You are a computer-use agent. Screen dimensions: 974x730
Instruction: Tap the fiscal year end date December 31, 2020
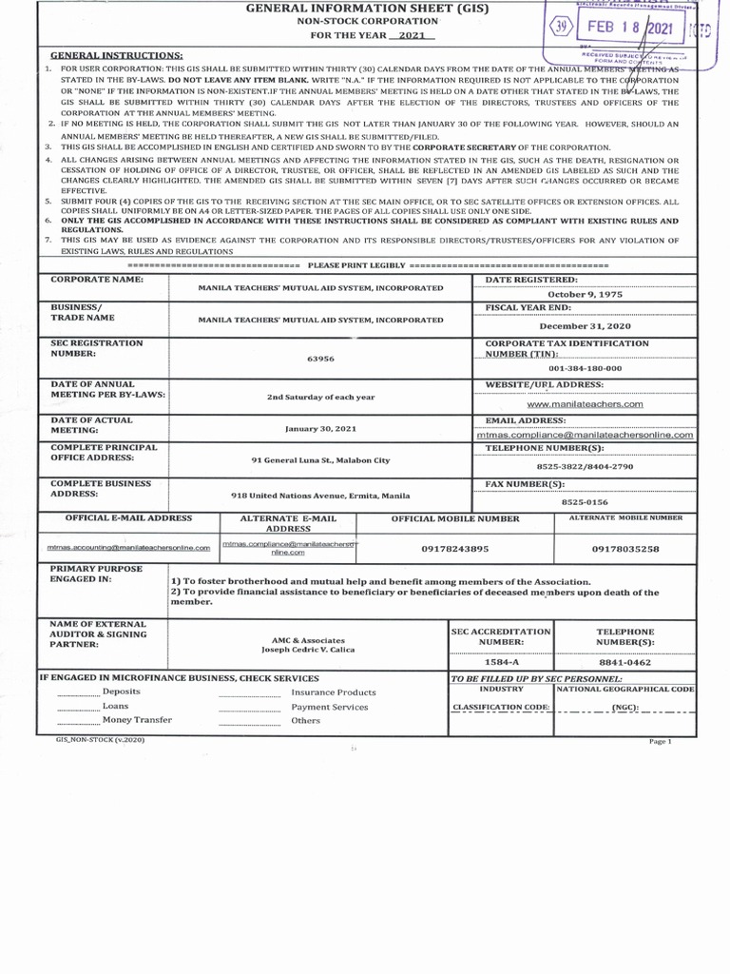(x=586, y=325)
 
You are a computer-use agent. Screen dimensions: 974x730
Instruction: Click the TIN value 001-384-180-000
(x=586, y=368)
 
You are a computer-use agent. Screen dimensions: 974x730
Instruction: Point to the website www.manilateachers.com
(x=591, y=403)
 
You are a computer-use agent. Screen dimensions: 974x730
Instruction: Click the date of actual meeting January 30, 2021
(x=320, y=429)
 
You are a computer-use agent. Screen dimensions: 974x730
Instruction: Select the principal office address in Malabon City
(x=320, y=459)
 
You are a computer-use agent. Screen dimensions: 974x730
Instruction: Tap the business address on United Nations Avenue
(x=320, y=496)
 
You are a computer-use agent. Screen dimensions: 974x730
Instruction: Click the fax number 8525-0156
(x=585, y=501)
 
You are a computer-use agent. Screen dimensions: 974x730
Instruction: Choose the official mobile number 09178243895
(x=454, y=549)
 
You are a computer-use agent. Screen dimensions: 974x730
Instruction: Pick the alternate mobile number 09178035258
(x=624, y=549)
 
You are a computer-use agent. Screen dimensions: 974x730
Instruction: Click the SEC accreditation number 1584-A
(x=500, y=662)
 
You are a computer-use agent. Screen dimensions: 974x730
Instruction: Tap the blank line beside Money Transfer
(x=76, y=721)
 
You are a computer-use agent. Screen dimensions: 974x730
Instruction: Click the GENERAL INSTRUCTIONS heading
(x=116, y=56)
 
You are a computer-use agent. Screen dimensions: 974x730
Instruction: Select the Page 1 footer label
(x=660, y=741)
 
